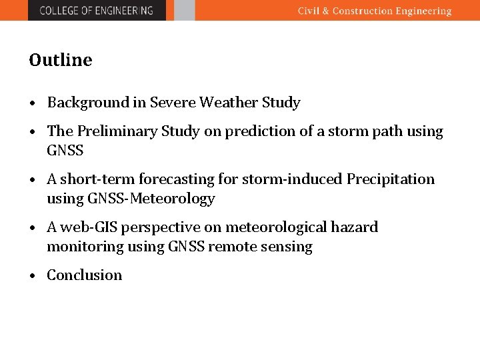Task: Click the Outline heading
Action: [61, 60]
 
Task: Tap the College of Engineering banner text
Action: [96, 10]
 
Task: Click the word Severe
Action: [173, 103]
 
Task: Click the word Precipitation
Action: [391, 179]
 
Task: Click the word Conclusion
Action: [85, 275]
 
